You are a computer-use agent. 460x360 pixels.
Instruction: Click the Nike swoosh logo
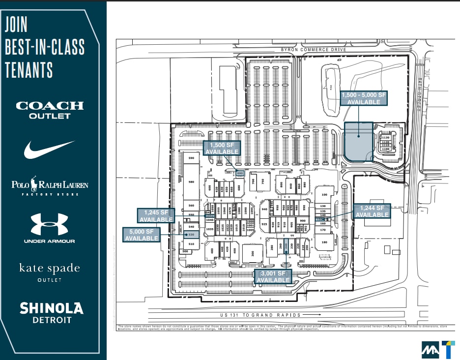pyautogui.click(x=49, y=149)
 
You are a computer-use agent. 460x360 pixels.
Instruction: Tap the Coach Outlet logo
pyautogui.click(x=50, y=110)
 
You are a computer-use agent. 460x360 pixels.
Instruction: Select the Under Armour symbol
pyautogui.click(x=49, y=224)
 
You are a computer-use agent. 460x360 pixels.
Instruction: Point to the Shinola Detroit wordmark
pyautogui.click(x=51, y=313)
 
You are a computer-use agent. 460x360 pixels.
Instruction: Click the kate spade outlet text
pyautogui.click(x=49, y=271)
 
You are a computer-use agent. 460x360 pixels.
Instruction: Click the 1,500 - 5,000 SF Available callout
pyautogui.click(x=364, y=98)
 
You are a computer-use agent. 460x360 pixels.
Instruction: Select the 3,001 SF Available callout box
pyautogui.click(x=273, y=276)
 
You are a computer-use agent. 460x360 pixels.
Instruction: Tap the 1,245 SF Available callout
pyautogui.click(x=155, y=215)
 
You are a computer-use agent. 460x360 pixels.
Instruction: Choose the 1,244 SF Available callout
pyautogui.click(x=372, y=211)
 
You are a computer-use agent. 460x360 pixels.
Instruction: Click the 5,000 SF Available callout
pyautogui.click(x=142, y=235)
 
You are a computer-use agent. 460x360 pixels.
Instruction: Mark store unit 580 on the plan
pyautogui.click(x=191, y=182)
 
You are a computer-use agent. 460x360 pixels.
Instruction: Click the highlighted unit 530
pyautogui.click(x=191, y=235)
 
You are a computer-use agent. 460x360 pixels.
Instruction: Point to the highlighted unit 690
pyautogui.click(x=240, y=173)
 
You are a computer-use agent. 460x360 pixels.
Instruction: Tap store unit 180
pyautogui.click(x=324, y=242)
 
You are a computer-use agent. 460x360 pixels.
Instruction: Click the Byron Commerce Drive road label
pyautogui.click(x=314, y=50)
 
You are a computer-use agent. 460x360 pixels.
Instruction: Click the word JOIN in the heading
pyautogui.click(x=16, y=25)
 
